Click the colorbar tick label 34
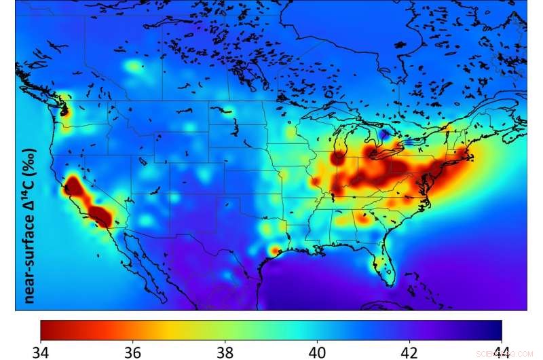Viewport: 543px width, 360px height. coord(41,351)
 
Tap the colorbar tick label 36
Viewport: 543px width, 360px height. coord(133,351)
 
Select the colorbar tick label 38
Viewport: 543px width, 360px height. coord(225,351)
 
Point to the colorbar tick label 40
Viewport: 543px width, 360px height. coord(317,351)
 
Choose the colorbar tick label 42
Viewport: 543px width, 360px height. coord(409,351)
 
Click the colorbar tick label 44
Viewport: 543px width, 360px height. coord(501,351)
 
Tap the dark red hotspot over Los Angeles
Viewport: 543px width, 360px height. coord(102,217)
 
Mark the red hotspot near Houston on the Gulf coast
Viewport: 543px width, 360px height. coord(274,251)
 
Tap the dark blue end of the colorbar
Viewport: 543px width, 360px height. coord(496,329)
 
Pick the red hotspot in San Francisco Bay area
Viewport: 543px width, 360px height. coord(71,185)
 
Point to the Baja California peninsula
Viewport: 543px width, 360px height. coord(136,272)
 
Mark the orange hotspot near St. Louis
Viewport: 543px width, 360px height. coord(315,182)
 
